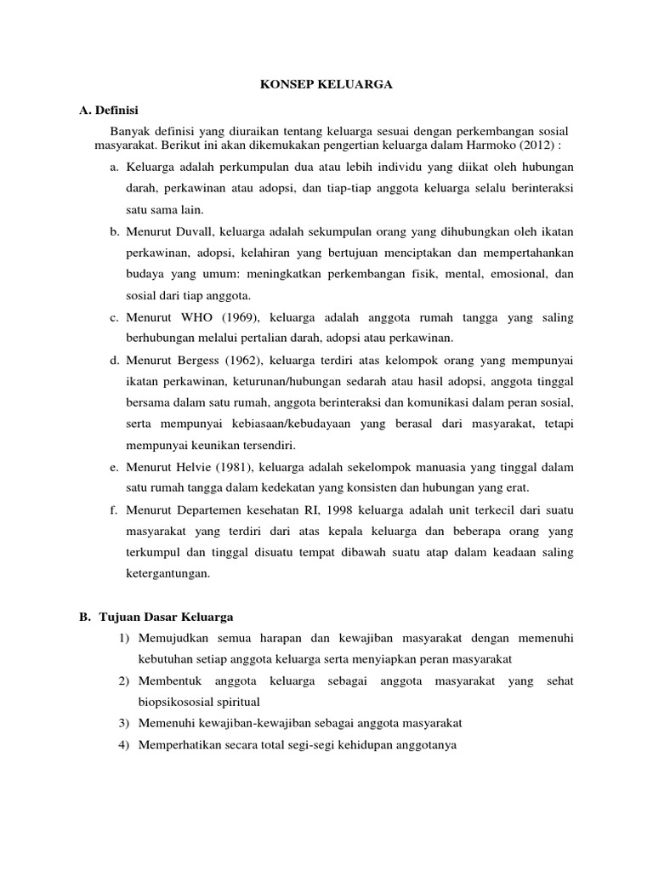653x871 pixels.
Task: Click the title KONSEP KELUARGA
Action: (326, 86)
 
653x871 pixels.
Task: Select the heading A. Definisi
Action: (110, 111)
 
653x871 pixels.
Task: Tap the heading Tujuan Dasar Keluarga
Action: (171, 616)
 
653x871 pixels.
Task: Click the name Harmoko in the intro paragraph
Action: (492, 145)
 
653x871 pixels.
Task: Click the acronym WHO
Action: (202, 318)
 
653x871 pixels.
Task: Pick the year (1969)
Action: (247, 318)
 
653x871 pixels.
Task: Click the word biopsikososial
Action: (177, 702)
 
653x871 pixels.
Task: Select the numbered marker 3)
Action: (123, 723)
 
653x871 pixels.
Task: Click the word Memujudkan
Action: (179, 638)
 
